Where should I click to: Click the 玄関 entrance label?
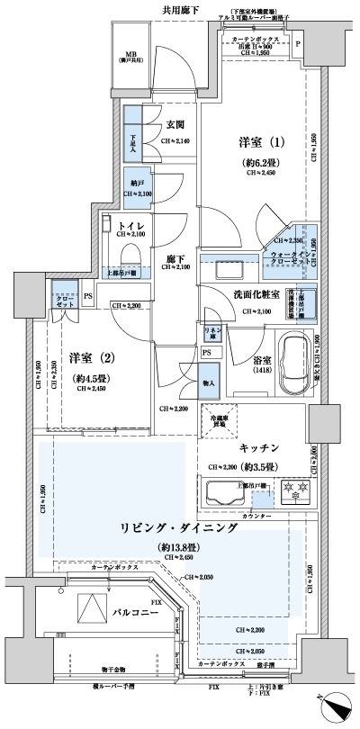click(175, 125)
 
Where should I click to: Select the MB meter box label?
click(130, 53)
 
